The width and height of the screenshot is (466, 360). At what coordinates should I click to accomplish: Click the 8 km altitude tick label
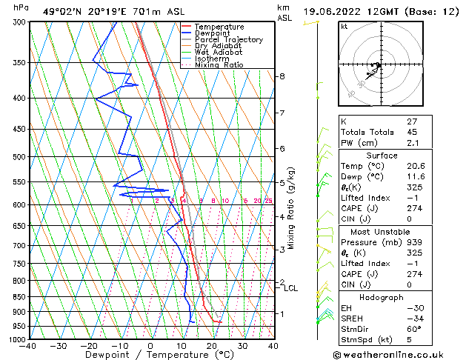point(282,76)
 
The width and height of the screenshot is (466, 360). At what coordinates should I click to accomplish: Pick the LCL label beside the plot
point(290,288)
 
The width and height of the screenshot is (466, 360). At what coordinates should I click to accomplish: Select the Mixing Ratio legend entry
point(219,65)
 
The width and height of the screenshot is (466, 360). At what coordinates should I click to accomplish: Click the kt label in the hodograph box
point(344,26)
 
